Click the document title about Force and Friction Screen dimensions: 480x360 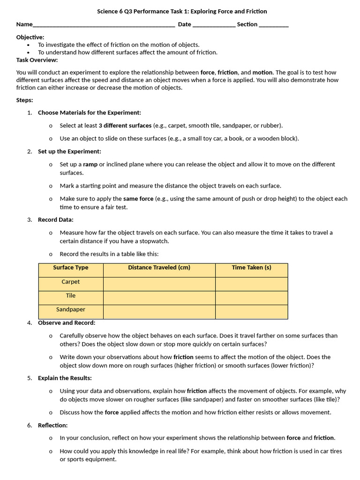[182, 11]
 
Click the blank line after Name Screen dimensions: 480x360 [104, 25]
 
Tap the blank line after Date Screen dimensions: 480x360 [214, 25]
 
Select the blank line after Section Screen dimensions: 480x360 [274, 25]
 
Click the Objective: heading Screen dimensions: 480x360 [30, 37]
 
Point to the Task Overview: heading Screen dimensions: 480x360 [37, 60]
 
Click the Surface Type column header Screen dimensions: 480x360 [71, 268]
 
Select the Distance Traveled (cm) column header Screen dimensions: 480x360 [159, 268]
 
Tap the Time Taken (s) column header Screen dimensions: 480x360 [251, 268]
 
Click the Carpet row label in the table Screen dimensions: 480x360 [71, 282]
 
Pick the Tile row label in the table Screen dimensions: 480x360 [71, 296]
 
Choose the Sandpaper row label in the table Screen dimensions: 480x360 [71, 310]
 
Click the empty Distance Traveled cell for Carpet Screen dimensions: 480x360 [159, 284]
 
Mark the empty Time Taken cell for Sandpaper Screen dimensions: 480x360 [251, 312]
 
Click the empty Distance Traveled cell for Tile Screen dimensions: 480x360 [159, 298]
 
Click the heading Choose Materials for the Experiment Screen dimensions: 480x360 [89, 112]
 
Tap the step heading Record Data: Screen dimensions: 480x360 [55, 219]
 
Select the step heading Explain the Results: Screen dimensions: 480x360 [65, 378]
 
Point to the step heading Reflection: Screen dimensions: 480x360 [52, 425]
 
